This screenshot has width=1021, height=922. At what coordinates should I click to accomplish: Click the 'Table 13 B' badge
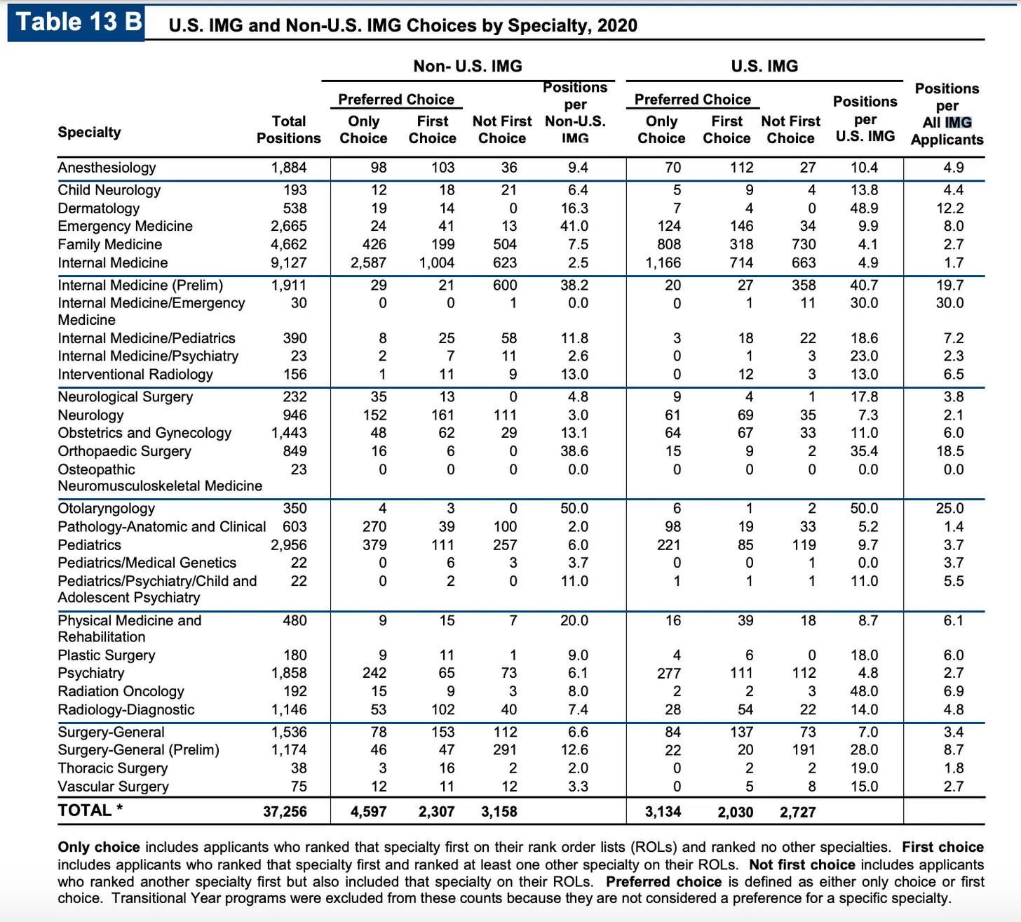(77, 22)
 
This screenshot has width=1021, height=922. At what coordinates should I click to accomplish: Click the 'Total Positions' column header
(288, 130)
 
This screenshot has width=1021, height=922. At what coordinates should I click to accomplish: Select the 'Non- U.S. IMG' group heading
(468, 66)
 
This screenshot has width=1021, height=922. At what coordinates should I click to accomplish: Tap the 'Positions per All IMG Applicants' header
(947, 114)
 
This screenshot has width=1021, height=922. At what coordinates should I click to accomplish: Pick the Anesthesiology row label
(107, 168)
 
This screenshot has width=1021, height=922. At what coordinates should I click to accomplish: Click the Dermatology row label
(98, 208)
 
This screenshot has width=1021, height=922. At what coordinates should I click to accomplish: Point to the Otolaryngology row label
(106, 509)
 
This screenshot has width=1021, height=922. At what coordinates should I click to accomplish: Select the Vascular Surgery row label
(113, 787)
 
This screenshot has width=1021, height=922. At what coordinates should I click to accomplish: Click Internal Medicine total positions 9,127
(288, 262)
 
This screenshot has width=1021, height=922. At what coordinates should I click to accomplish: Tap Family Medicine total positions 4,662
(288, 244)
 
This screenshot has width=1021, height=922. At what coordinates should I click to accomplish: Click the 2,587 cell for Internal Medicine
(368, 262)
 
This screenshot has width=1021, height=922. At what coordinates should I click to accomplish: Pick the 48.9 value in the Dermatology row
(864, 208)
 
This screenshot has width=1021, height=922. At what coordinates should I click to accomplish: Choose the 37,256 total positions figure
(285, 812)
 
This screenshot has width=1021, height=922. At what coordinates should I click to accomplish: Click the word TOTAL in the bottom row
(85, 810)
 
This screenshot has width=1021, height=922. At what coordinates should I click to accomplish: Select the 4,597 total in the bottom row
(368, 812)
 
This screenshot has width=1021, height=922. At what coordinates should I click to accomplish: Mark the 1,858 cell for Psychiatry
(288, 673)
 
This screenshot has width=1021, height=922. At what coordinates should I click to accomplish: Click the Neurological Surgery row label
(125, 397)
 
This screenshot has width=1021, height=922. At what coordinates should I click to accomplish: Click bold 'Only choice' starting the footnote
(99, 847)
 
